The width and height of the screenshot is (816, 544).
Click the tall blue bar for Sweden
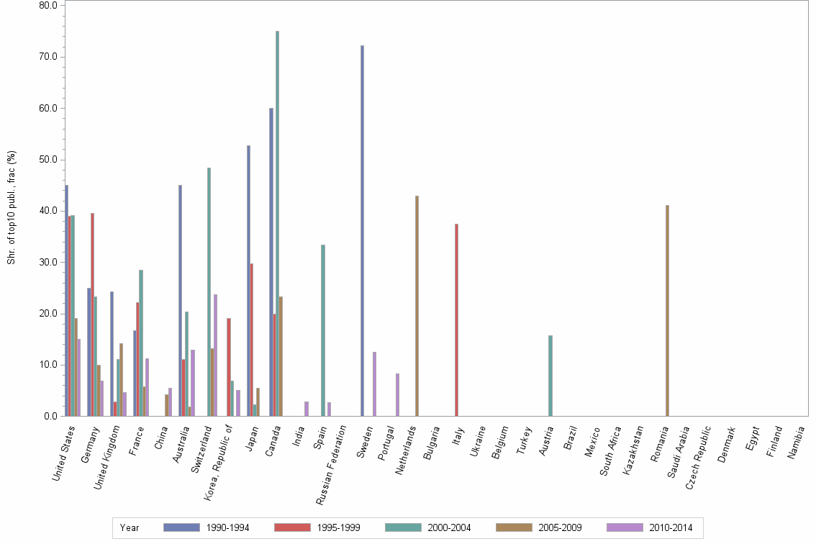pyautogui.click(x=363, y=230)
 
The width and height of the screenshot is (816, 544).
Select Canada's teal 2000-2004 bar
pyautogui.click(x=277, y=223)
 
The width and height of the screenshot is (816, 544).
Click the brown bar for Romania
pyautogui.click(x=667, y=310)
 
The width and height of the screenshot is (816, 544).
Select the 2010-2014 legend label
pyautogui.click(x=671, y=527)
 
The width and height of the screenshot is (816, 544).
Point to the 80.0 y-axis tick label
pyautogui.click(x=48, y=6)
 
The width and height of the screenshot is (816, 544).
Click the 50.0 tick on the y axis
pyautogui.click(x=48, y=160)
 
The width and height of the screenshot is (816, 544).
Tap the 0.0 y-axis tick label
pyautogui.click(x=50, y=416)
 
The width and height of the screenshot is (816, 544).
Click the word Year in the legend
pyautogui.click(x=130, y=527)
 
